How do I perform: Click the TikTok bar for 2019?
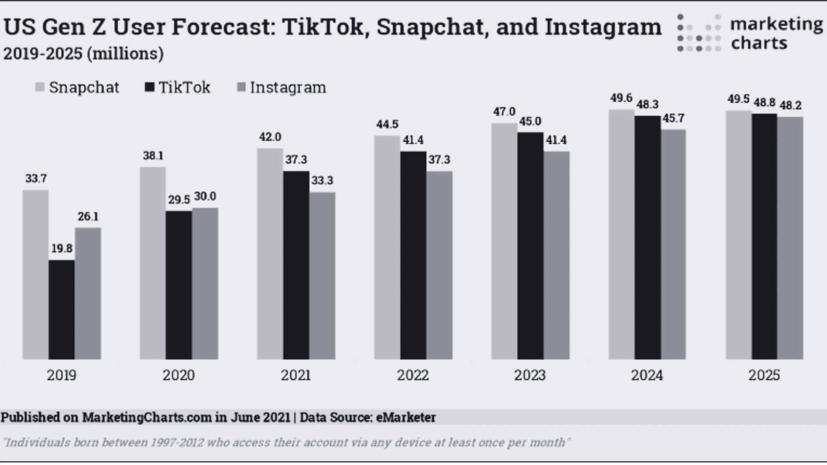point(62,310)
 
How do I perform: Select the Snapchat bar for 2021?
point(270,254)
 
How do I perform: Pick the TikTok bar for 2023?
point(530,245)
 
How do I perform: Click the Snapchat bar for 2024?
point(621,234)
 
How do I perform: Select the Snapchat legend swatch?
point(40,87)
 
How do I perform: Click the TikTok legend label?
point(184,87)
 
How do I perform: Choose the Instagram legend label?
point(288,87)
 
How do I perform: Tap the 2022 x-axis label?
point(413,375)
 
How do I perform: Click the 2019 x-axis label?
point(62,375)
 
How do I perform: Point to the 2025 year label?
point(764,375)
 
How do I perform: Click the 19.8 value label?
point(62,248)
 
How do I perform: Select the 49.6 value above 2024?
point(621,98)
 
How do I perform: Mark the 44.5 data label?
point(387,124)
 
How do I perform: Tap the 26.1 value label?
point(88,217)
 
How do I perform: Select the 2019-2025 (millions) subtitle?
point(84,54)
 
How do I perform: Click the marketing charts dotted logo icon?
point(699,33)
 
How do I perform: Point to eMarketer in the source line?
point(406,417)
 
